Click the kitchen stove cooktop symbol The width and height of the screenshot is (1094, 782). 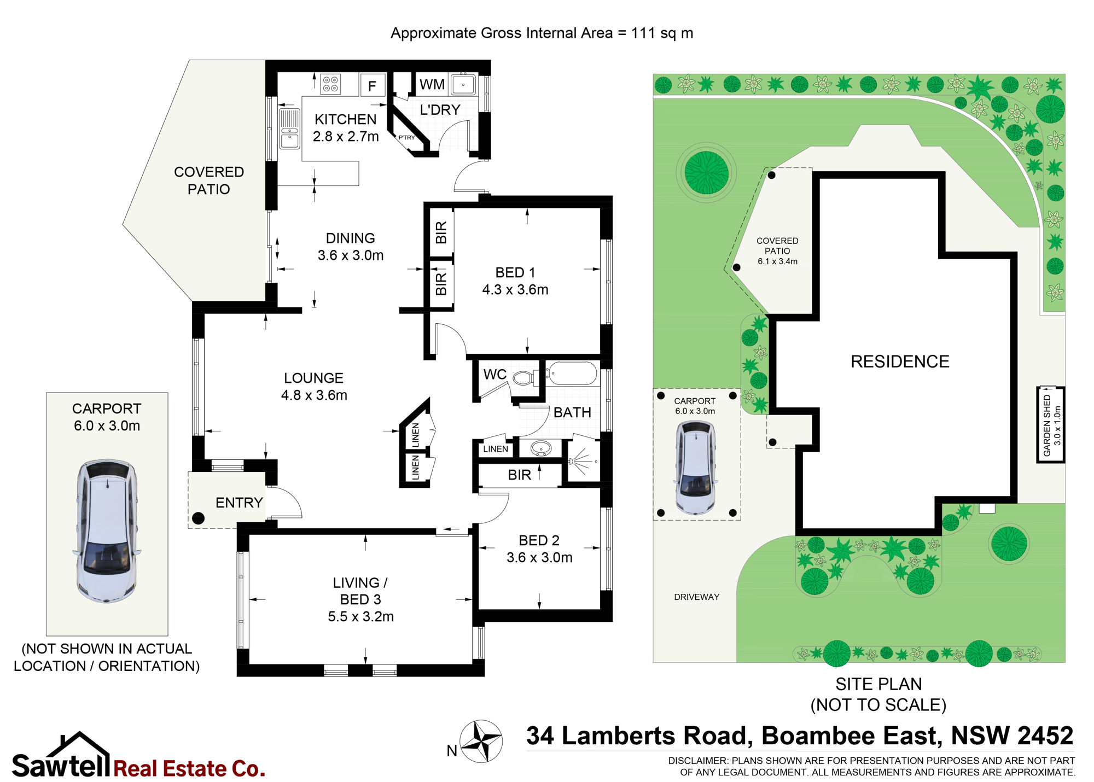330,84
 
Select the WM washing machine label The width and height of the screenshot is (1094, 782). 432,85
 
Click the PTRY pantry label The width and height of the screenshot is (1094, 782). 406,137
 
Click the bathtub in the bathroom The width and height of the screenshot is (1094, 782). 572,374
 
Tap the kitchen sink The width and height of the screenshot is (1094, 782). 289,129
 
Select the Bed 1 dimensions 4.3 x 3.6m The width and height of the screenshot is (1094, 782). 515,290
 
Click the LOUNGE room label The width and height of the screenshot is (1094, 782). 313,378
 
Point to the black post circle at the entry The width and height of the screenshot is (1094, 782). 199,518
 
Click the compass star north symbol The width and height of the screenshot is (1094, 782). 481,741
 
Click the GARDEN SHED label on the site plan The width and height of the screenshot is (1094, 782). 1047,425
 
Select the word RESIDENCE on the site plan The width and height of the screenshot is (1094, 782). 900,361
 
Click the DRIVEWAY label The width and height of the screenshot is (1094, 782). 696,597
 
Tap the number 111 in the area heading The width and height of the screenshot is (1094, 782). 643,33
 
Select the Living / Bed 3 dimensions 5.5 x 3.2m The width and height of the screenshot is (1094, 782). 361,617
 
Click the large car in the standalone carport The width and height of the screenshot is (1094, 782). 107,531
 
